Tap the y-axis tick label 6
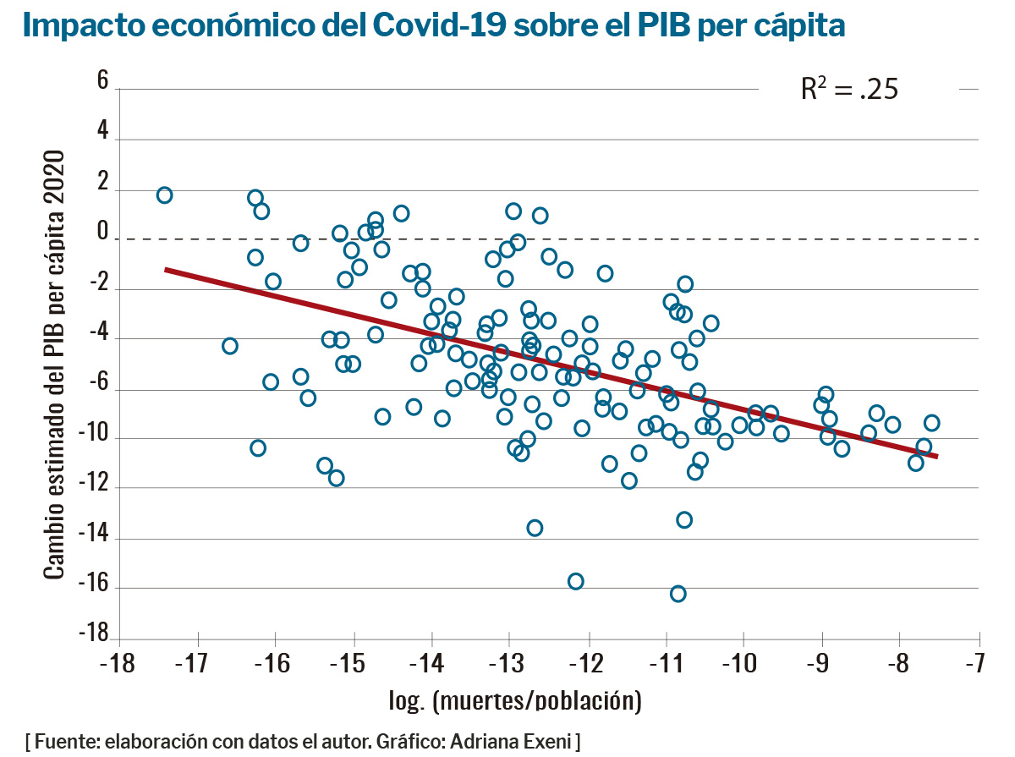click(x=102, y=81)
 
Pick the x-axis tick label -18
click(x=118, y=660)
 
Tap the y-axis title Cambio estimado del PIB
click(x=54, y=365)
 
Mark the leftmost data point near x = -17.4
click(x=164, y=195)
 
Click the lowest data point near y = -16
click(x=678, y=594)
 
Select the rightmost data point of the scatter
click(x=932, y=423)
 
